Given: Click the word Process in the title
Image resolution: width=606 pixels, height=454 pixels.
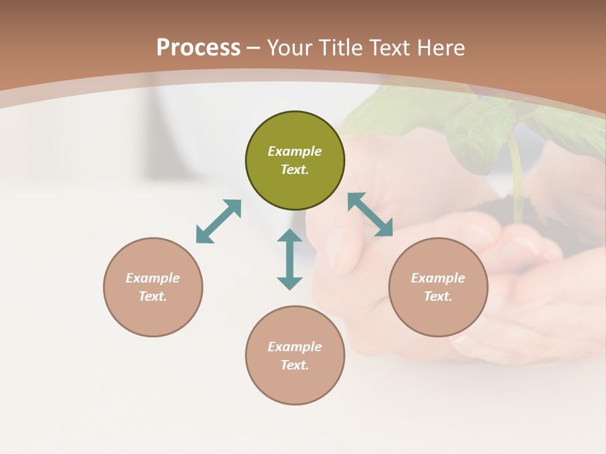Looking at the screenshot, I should pyautogui.click(x=198, y=48).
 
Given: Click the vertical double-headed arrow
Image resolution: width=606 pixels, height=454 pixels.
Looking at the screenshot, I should pyautogui.click(x=290, y=259).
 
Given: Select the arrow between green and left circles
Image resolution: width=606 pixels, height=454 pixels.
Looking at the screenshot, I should pyautogui.click(x=218, y=221).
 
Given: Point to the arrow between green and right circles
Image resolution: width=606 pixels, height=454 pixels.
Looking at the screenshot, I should pyautogui.click(x=370, y=214).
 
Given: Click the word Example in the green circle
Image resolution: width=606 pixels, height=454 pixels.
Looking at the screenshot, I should pyautogui.click(x=295, y=151).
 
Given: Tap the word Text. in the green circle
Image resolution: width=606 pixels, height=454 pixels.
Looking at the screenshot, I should pyautogui.click(x=295, y=170).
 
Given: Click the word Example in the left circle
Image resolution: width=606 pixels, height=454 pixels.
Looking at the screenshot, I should pyautogui.click(x=153, y=278).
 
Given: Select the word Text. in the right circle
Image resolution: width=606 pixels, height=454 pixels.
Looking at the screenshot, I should pyautogui.click(x=438, y=296).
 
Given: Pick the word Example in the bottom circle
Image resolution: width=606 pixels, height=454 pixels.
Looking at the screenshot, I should pyautogui.click(x=295, y=347).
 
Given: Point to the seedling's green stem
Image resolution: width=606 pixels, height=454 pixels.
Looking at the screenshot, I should pyautogui.click(x=516, y=177).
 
